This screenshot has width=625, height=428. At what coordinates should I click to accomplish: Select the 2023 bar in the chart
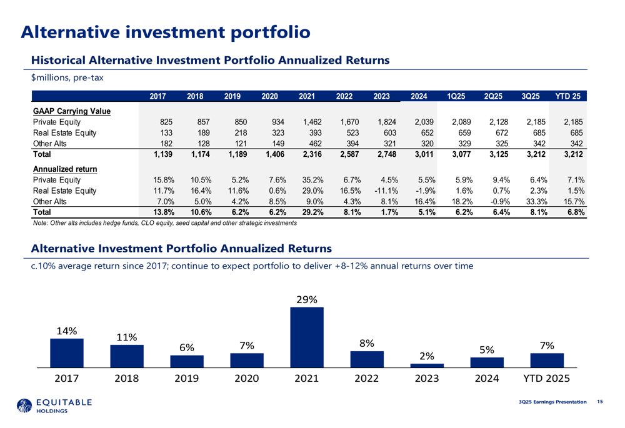click(x=426, y=365)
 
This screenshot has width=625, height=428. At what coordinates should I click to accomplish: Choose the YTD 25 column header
click(x=567, y=97)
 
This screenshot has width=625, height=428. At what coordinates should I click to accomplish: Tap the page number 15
click(x=600, y=401)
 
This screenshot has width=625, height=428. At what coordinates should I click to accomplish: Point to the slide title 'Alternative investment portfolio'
click(x=165, y=31)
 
